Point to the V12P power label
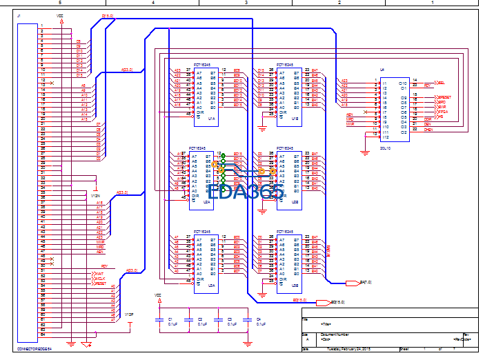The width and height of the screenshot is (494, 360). (x=128, y=314)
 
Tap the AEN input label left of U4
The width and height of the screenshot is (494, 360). (x=350, y=114)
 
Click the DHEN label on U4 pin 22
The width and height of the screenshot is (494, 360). (x=428, y=129)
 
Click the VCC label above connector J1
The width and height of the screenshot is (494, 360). (x=59, y=15)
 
